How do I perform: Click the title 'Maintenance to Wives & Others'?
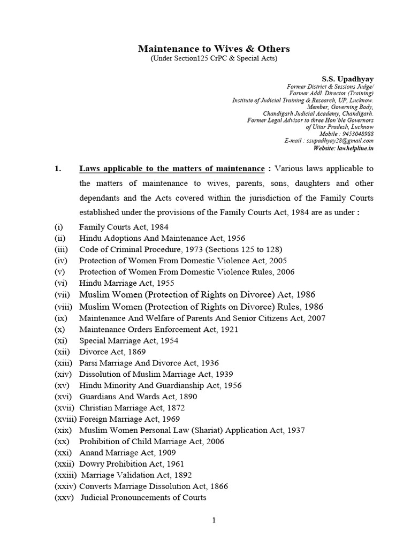(x=214, y=49)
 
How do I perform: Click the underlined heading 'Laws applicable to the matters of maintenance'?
(x=172, y=169)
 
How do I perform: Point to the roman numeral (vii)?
(x=63, y=294)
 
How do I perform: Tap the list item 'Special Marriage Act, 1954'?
(x=129, y=341)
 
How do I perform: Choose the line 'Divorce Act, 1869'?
(x=112, y=352)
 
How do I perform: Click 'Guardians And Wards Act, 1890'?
(x=138, y=397)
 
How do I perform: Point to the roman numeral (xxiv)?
(x=65, y=486)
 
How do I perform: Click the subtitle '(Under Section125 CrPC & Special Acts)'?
(x=214, y=58)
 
